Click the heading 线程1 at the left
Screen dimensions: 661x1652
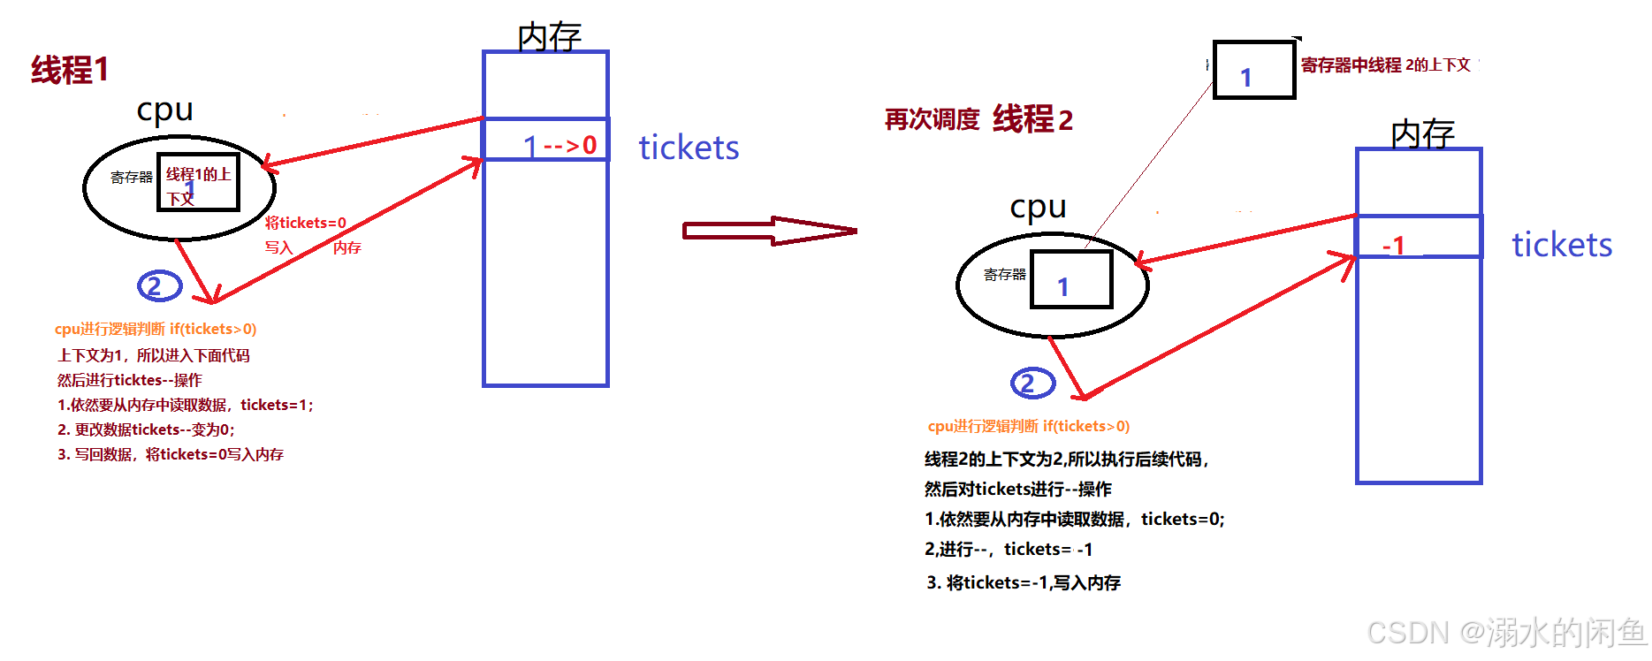click(70, 70)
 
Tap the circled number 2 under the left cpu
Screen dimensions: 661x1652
click(159, 285)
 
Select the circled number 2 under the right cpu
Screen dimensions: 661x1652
click(1032, 383)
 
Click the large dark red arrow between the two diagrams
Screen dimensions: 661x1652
click(769, 231)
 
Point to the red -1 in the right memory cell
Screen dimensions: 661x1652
click(1394, 245)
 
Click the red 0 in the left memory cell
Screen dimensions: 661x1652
click(590, 145)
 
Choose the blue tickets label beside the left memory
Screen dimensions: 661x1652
click(689, 148)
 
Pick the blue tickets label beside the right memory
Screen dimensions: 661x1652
click(1562, 245)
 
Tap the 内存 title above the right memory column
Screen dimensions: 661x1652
click(1422, 134)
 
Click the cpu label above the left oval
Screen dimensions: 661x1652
click(164, 110)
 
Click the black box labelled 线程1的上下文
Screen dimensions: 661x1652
click(198, 183)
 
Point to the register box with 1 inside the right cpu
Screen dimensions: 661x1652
click(1071, 280)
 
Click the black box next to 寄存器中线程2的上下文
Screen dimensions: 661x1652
click(1253, 70)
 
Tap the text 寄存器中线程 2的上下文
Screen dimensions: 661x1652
click(1385, 65)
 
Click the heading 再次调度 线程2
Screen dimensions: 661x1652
click(978, 119)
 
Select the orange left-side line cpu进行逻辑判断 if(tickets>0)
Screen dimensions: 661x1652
click(156, 329)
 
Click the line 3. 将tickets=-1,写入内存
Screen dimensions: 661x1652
click(1024, 582)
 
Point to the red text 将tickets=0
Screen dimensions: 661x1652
click(306, 223)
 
